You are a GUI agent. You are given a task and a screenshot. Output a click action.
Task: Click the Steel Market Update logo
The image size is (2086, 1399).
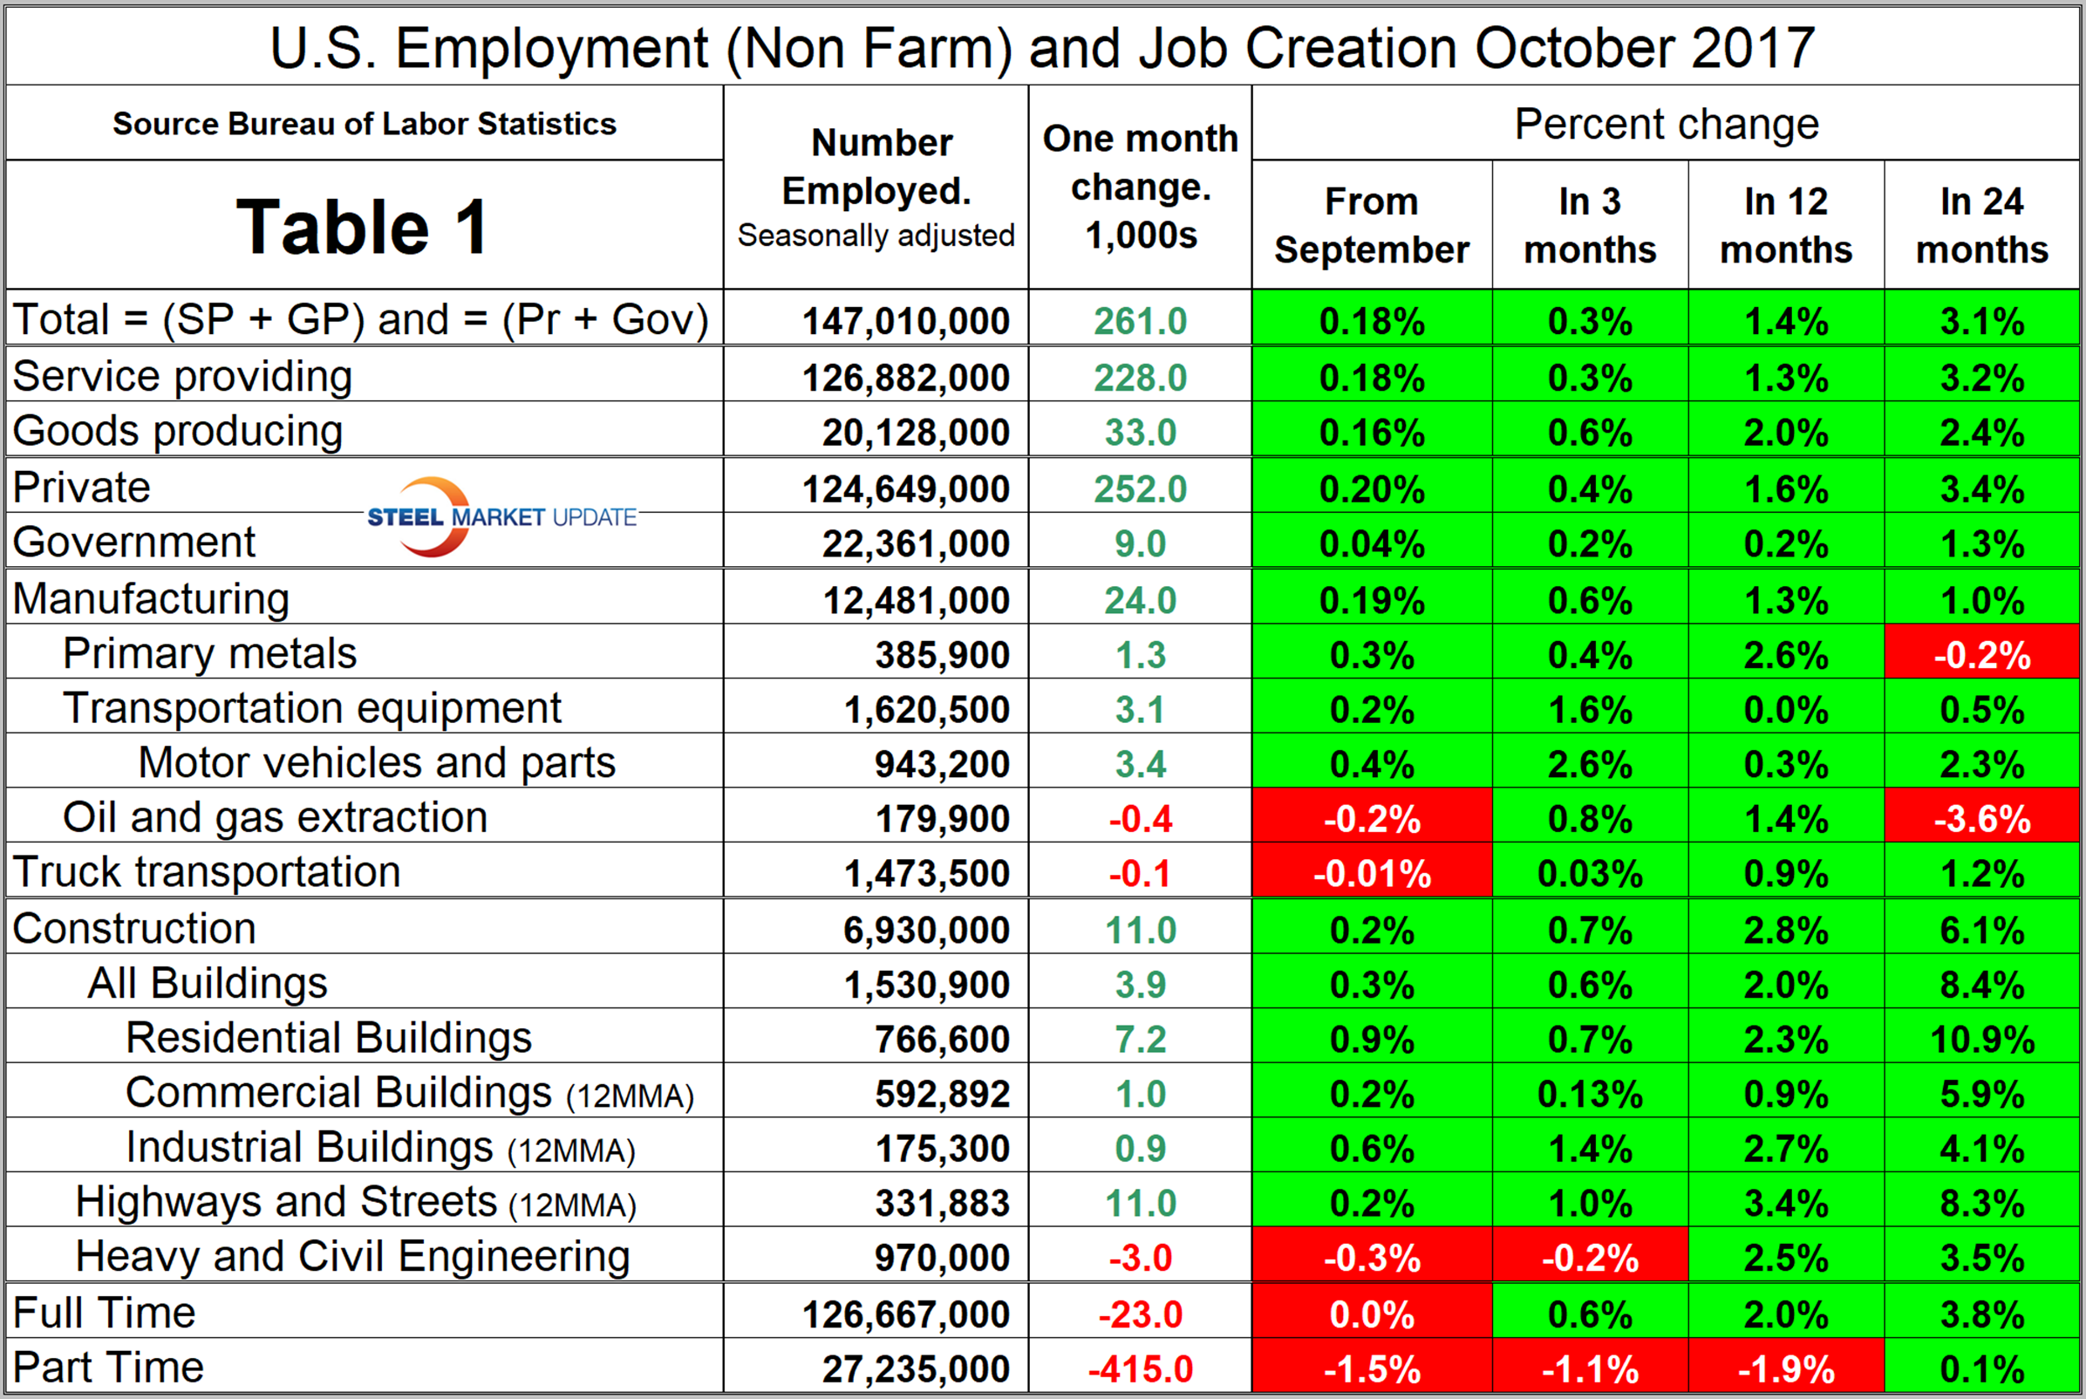[x=501, y=516]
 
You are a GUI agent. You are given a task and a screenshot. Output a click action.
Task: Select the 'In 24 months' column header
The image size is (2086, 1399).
[x=1981, y=225]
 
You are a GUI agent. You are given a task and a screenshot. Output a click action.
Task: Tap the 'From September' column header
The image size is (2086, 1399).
[x=1371, y=225]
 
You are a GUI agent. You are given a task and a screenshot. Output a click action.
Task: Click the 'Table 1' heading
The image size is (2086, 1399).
[x=362, y=227]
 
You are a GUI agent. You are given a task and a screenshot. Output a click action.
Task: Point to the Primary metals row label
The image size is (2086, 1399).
[x=209, y=653]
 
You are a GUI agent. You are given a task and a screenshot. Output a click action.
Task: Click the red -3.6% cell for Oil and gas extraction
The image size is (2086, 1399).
[x=1981, y=819]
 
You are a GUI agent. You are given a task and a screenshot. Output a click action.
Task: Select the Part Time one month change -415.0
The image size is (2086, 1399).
[x=1140, y=1368]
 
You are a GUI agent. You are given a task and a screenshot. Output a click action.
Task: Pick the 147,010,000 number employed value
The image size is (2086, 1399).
[x=905, y=321]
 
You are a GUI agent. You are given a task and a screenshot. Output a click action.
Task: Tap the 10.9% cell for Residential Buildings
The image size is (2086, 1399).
[x=1981, y=1040]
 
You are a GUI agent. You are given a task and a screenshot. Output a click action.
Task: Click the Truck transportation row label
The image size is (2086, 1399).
[x=207, y=871]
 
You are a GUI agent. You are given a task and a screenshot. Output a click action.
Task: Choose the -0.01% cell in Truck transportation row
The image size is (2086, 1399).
[x=1371, y=873]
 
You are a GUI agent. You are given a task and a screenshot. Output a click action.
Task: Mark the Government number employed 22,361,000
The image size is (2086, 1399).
[x=915, y=543]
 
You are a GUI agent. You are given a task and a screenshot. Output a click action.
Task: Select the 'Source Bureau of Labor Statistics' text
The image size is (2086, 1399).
[x=364, y=124]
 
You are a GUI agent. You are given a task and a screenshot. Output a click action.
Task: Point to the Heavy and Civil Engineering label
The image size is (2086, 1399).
[x=352, y=1256]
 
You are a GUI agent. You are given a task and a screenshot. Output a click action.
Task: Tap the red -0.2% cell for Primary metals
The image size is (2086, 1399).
[x=1981, y=656]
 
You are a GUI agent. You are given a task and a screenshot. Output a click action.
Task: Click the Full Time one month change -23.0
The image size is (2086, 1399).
[x=1140, y=1314]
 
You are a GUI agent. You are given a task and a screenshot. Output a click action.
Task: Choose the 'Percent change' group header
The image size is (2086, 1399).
[x=1666, y=124]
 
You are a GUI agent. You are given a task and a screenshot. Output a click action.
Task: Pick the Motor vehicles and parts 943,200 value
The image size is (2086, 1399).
[x=941, y=765]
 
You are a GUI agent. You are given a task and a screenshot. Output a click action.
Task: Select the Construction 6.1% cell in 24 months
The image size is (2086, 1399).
[x=1981, y=931]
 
